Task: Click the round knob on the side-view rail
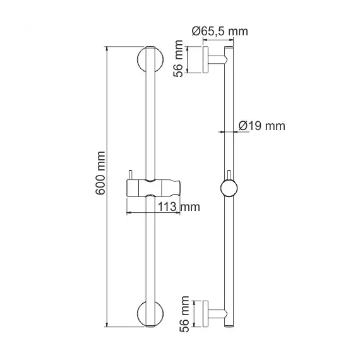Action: click(x=229, y=188)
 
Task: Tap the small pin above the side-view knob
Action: click(x=229, y=175)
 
